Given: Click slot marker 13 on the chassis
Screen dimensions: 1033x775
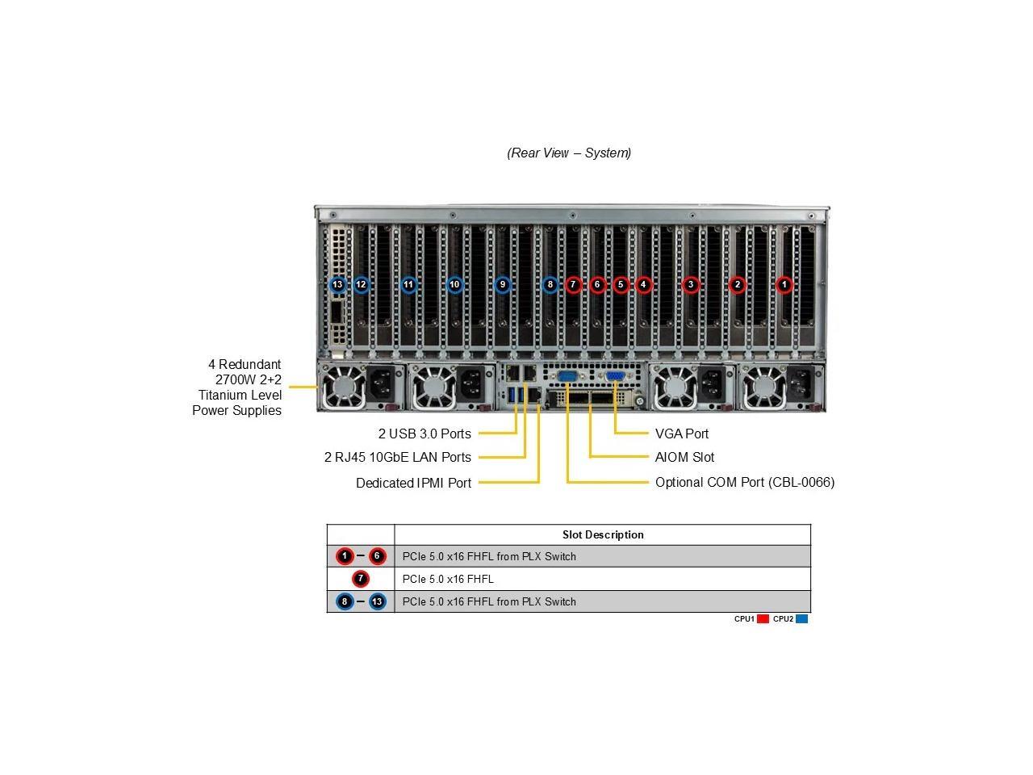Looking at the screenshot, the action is click(337, 285).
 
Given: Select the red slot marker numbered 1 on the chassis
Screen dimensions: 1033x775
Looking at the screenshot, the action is click(784, 285).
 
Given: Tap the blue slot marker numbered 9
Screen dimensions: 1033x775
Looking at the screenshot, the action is click(502, 285).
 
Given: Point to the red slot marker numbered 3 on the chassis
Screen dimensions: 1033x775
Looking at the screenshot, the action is click(690, 285).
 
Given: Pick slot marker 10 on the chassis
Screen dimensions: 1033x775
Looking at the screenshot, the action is click(454, 285).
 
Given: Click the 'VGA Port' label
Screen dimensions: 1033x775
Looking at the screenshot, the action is click(681, 434).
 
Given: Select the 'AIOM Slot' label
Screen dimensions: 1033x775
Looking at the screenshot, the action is click(684, 457).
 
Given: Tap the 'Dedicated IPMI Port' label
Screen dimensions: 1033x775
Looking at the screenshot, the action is click(413, 483).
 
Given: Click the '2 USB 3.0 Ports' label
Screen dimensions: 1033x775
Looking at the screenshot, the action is click(424, 434).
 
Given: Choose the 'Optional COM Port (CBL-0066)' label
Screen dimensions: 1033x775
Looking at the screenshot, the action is click(745, 482).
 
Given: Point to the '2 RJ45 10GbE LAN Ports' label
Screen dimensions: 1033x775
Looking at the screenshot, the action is click(398, 457).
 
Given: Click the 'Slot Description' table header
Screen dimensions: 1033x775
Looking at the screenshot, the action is click(602, 534).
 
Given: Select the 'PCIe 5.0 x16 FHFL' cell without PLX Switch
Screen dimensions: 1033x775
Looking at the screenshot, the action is click(448, 579).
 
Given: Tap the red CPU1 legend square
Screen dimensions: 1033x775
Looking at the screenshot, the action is click(763, 618).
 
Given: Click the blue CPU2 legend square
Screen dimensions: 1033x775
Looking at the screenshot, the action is click(801, 618).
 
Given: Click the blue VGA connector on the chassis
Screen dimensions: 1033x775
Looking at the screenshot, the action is click(615, 376).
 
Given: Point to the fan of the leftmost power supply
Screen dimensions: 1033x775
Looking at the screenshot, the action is click(343, 387).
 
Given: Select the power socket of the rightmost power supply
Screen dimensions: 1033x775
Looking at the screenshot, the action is click(799, 383).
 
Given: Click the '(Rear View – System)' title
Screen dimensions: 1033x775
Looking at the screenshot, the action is click(568, 153).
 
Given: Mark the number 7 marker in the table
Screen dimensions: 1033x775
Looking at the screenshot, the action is click(361, 579).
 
